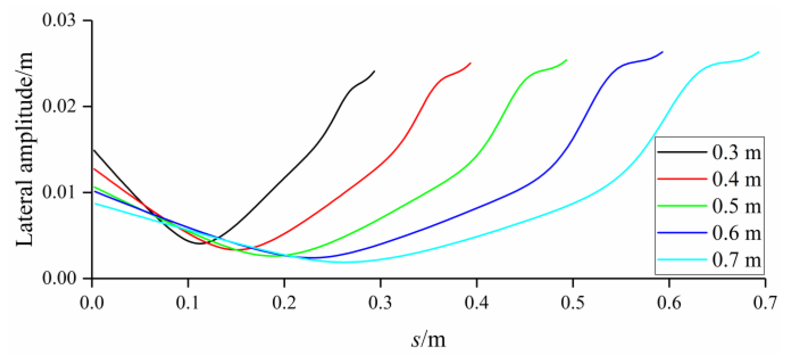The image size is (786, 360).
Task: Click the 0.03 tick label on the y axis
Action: [x=59, y=20]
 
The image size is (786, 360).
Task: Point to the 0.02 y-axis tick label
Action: [x=59, y=106]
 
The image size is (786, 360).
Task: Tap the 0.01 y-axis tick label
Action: [x=59, y=192]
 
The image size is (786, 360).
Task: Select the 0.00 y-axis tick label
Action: [x=59, y=278]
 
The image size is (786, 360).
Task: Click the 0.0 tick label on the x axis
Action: [x=92, y=303]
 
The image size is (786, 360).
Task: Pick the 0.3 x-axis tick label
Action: [x=380, y=303]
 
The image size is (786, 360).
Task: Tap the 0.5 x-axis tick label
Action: [x=573, y=303]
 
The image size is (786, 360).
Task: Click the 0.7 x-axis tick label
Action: [x=765, y=303]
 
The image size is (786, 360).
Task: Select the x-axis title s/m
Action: [x=428, y=339]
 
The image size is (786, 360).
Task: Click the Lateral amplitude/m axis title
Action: [x=25, y=149]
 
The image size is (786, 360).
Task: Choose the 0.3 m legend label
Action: [x=736, y=153]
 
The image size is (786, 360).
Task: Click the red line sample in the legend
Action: [x=682, y=179]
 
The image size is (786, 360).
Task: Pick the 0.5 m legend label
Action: [x=736, y=206]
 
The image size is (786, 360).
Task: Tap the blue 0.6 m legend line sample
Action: [x=682, y=233]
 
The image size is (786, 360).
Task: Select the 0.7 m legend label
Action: [x=736, y=260]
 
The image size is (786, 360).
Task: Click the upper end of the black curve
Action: [x=374, y=71]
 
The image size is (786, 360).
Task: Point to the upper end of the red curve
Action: [x=470, y=63]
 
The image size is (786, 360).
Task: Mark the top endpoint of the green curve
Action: [x=567, y=59]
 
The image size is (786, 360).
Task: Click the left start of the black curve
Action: [x=93, y=150]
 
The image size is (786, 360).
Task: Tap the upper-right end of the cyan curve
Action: [x=759, y=52]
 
